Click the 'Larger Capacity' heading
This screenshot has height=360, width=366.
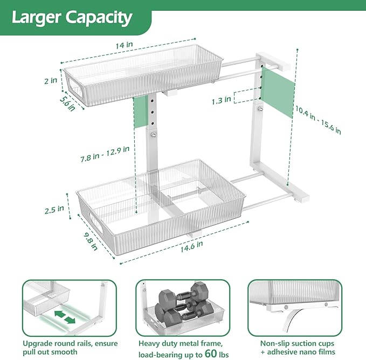point(72,18)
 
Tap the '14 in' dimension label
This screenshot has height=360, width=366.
point(124,45)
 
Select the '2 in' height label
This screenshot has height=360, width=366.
point(51,81)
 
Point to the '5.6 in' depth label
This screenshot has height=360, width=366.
point(68,103)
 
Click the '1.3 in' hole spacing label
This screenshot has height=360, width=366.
point(222,100)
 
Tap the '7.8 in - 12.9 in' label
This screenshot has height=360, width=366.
point(105,154)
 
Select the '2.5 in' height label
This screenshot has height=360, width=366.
point(54,210)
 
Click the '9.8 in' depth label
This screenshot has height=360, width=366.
point(91,242)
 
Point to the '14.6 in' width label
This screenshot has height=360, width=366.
point(191,247)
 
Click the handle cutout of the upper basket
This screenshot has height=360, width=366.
point(75,87)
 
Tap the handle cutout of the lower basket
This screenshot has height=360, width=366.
point(96,222)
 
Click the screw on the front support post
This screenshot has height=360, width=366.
point(154,135)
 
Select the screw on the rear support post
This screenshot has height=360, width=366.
point(260,108)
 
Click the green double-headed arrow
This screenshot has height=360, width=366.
point(65,317)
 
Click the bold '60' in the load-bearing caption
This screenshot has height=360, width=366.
point(211,353)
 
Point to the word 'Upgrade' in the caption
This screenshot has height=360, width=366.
point(37,344)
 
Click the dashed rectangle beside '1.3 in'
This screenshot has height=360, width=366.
point(247,97)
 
